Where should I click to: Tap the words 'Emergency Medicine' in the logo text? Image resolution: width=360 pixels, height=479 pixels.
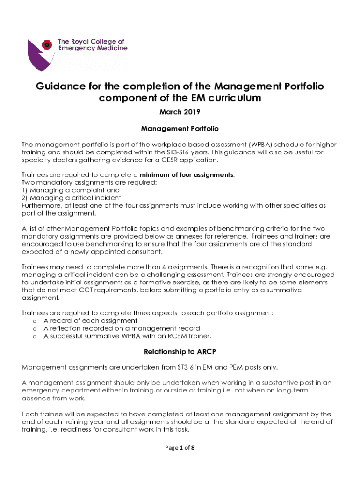(x=92, y=49)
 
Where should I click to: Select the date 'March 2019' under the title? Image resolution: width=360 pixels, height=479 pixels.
(x=180, y=112)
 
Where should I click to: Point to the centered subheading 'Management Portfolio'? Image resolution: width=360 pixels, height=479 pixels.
(x=180, y=128)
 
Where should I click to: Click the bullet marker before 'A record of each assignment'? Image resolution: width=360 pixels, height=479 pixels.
(x=35, y=321)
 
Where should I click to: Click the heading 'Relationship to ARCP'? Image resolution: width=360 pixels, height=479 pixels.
(x=180, y=351)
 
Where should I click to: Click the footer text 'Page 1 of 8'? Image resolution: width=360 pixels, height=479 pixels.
(x=180, y=448)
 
